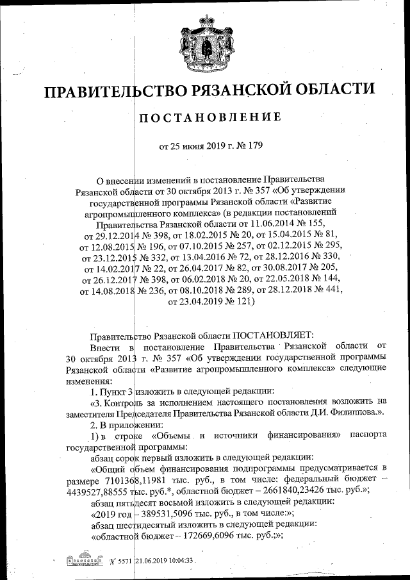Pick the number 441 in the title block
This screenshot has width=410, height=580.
[329, 290]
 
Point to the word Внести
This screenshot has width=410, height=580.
[105, 346]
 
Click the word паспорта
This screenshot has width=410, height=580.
[368, 435]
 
